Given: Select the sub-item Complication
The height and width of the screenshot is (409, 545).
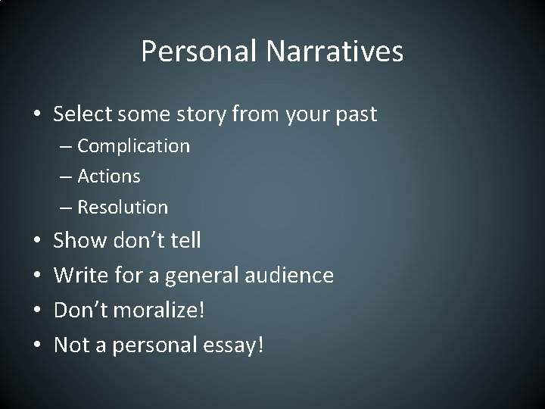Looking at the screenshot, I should click(133, 145).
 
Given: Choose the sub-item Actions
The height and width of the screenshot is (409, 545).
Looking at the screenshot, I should click(109, 176).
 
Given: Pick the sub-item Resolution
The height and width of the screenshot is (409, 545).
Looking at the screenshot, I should click(123, 206).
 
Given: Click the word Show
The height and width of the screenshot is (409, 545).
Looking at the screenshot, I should click(80, 241).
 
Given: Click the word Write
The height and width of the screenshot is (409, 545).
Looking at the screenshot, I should click(80, 275).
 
